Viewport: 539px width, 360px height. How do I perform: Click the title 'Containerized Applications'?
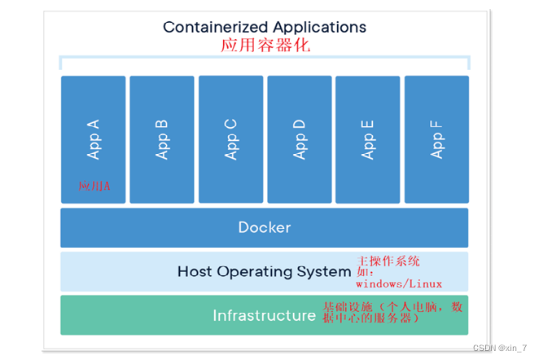click(x=264, y=27)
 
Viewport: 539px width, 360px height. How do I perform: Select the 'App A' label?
click(x=94, y=139)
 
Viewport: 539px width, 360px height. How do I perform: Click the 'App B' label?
click(x=162, y=139)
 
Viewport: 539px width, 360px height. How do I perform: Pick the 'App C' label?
click(x=231, y=139)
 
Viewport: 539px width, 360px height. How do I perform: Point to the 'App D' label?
click(x=300, y=139)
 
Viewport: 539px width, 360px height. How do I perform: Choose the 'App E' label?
click(x=368, y=139)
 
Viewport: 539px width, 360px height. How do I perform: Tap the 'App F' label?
click(x=437, y=139)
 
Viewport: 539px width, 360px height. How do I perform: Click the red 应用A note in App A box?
click(x=94, y=187)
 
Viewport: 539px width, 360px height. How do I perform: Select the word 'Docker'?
click(x=264, y=227)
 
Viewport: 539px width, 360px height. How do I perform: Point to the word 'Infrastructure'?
click(x=264, y=315)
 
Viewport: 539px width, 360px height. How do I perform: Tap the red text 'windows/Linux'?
click(x=399, y=284)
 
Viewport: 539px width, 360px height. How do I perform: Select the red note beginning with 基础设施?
click(x=392, y=312)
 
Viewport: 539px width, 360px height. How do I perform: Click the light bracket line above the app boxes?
click(x=264, y=58)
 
